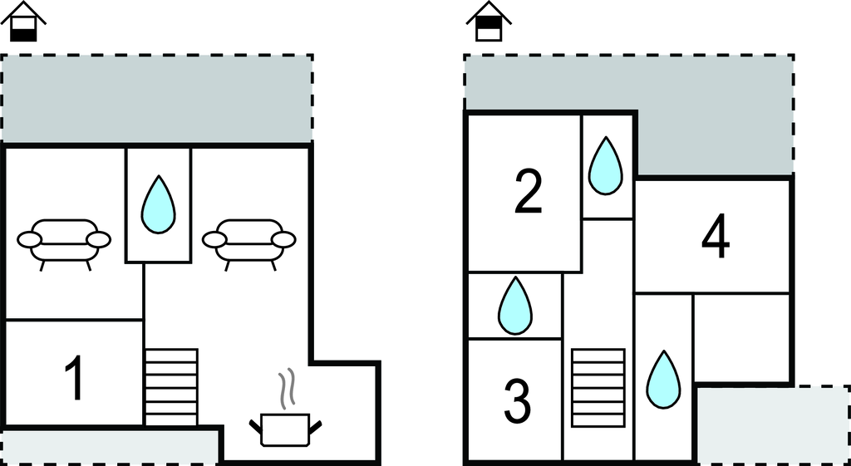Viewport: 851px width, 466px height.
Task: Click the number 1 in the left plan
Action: coord(75,378)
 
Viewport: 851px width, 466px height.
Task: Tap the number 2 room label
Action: coord(528,192)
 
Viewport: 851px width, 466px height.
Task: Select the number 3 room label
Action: coord(517,400)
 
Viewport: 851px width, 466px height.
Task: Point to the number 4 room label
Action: coord(715,238)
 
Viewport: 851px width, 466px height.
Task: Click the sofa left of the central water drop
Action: coord(64,241)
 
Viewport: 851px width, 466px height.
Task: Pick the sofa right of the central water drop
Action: coord(249,241)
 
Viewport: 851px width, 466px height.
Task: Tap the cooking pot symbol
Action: coord(286,429)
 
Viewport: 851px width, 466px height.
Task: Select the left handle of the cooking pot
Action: coord(255,427)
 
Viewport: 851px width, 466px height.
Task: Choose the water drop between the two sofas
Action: coord(158,205)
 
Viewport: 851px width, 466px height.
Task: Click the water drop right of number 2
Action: coord(606,166)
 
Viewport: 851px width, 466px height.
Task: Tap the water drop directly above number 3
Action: coord(514,307)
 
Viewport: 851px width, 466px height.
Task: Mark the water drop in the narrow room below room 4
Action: coord(663,380)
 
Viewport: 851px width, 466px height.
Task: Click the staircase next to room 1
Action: coord(171,386)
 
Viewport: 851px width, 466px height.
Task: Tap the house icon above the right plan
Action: coord(489,22)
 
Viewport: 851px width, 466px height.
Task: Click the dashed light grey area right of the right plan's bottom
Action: coord(770,424)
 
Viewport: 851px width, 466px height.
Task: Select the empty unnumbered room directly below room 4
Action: coord(740,336)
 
